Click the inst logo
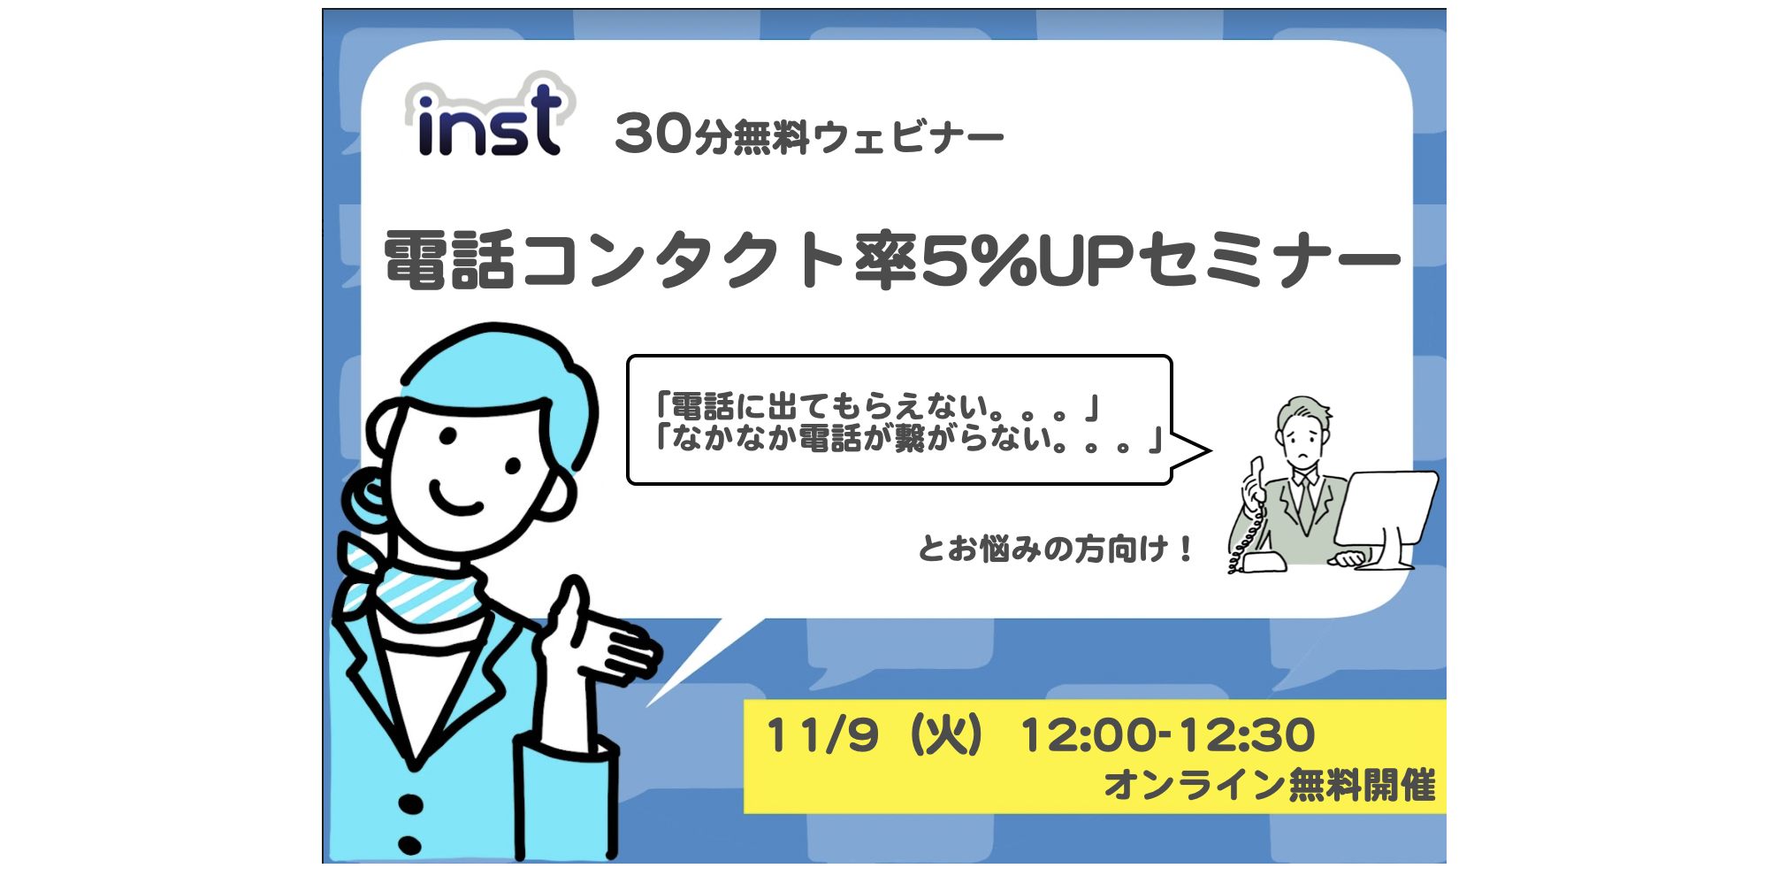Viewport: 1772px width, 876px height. click(x=489, y=119)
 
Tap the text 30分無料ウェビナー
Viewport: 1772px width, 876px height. click(x=808, y=135)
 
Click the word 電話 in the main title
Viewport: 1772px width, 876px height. click(x=449, y=260)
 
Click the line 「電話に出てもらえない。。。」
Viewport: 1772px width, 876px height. click(x=876, y=407)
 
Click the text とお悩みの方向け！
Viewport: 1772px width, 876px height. click(x=1056, y=549)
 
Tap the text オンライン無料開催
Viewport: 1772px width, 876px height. click(x=1270, y=785)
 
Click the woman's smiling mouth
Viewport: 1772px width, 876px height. click(x=455, y=501)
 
